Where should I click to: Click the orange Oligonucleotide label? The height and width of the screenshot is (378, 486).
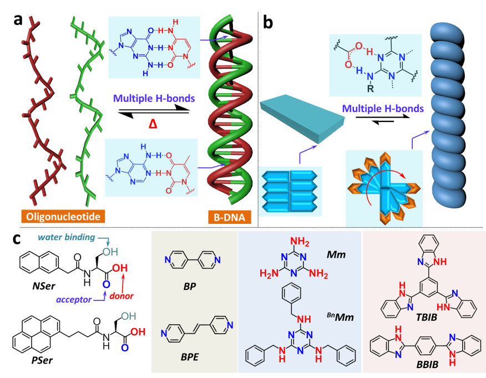pyautogui.click(x=63, y=216)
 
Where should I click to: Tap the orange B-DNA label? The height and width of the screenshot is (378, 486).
pyautogui.click(x=229, y=217)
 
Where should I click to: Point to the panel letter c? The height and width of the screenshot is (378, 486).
pyautogui.click(x=18, y=239)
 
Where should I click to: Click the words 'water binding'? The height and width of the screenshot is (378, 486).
pyautogui.click(x=67, y=237)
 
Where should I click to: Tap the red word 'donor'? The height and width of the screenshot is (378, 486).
pyautogui.click(x=121, y=296)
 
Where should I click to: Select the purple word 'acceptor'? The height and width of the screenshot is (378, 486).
pyautogui.click(x=74, y=300)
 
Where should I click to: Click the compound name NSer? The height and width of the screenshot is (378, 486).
pyautogui.click(x=44, y=286)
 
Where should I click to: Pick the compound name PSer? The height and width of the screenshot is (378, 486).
pyautogui.click(x=42, y=361)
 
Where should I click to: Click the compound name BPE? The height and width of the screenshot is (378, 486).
pyautogui.click(x=190, y=357)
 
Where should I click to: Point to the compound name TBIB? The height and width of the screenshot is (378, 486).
pyautogui.click(x=427, y=317)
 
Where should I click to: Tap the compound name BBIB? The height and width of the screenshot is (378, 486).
pyautogui.click(x=427, y=365)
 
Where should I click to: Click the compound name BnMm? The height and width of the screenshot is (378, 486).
pyautogui.click(x=340, y=316)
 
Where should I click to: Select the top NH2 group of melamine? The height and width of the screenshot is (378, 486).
pyautogui.click(x=300, y=242)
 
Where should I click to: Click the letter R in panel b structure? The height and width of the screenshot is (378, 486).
pyautogui.click(x=370, y=89)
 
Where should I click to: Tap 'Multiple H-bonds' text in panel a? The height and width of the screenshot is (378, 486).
pyautogui.click(x=154, y=99)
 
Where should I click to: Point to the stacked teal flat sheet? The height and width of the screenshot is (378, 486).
pyautogui.click(x=302, y=119)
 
